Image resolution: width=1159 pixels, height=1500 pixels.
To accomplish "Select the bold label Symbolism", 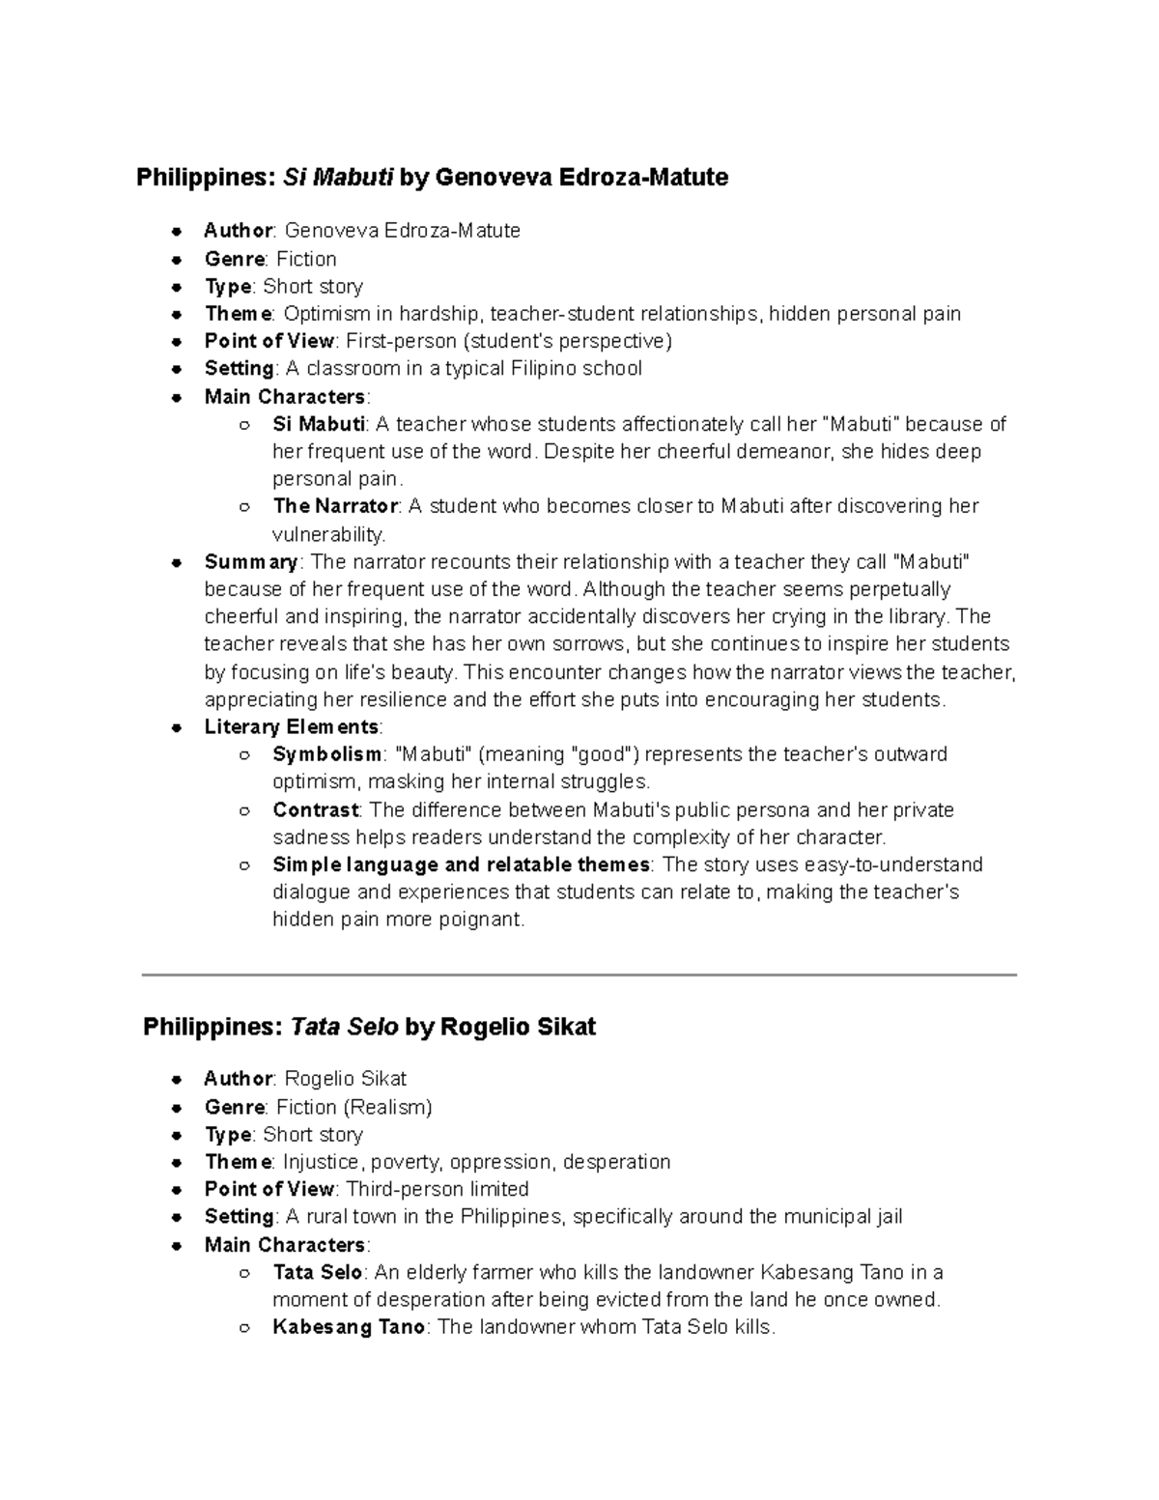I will (326, 754).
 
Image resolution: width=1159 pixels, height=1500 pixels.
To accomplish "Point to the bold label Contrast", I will (316, 809).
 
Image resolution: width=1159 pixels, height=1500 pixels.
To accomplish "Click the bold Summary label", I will (251, 562).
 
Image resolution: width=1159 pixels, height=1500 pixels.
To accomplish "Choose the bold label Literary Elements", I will (292, 726).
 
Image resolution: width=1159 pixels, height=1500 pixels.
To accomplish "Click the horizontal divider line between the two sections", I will (579, 976).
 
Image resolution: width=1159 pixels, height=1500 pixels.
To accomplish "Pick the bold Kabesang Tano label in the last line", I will (349, 1327).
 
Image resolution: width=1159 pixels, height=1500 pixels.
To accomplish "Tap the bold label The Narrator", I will (335, 506).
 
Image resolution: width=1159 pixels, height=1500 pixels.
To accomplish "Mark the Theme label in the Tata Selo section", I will (238, 1162).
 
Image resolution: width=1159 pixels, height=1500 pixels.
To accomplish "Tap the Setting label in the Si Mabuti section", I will (240, 369).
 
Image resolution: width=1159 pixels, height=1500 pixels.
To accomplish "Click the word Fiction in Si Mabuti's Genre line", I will (306, 259).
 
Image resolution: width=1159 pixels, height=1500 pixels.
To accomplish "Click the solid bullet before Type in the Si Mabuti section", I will (177, 287).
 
